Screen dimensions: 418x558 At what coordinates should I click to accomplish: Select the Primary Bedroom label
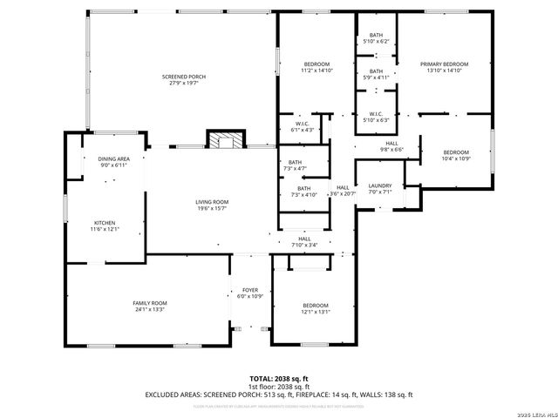click(x=444, y=64)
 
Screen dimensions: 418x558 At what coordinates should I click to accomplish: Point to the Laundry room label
click(x=379, y=185)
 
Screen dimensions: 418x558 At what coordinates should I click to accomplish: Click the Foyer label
click(x=250, y=291)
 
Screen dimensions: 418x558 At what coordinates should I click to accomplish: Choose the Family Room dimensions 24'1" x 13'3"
click(x=149, y=309)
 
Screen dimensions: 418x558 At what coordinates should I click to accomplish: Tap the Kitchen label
click(x=104, y=223)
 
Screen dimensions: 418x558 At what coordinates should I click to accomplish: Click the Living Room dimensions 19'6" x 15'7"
click(x=211, y=209)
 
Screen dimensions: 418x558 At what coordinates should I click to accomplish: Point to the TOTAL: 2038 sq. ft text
click(x=278, y=379)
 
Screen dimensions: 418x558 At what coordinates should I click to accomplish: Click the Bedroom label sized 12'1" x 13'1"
click(x=315, y=305)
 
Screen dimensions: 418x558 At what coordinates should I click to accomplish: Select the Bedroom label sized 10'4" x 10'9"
click(x=455, y=152)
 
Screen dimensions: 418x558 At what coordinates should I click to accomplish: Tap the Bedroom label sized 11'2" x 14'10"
click(x=316, y=64)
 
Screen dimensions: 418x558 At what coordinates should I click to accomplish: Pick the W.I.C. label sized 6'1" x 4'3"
click(x=303, y=124)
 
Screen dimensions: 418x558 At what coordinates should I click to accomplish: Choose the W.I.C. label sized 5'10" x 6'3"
click(x=376, y=114)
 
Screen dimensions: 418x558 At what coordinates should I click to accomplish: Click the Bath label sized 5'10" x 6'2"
click(x=376, y=35)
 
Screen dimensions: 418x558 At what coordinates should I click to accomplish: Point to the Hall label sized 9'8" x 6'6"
click(x=391, y=143)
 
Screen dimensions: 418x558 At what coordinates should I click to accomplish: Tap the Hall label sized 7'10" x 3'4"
click(x=304, y=239)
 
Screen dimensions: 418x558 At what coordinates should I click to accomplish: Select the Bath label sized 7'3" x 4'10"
click(x=303, y=189)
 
